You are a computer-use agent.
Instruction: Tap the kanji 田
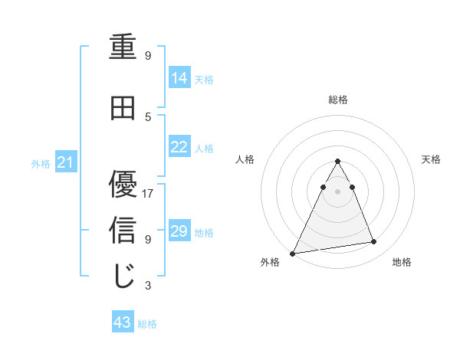[x=123, y=109]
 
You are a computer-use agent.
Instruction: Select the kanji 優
[x=123, y=184]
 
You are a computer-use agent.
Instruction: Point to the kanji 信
[x=123, y=231]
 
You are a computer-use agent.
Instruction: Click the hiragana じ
[x=123, y=276]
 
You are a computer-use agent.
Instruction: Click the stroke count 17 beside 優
[x=148, y=193]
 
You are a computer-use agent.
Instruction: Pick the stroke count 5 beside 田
[x=148, y=116]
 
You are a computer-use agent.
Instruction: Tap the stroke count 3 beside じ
[x=148, y=286]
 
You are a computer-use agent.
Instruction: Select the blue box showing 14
[x=179, y=78]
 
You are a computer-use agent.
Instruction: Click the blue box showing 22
[x=179, y=147]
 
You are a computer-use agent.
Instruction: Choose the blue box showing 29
[x=179, y=231]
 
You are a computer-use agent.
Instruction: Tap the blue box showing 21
[x=65, y=162]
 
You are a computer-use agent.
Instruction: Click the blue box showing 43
[x=123, y=323]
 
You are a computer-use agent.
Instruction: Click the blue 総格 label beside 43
[x=147, y=324]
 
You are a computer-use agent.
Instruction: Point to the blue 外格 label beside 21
[x=41, y=163]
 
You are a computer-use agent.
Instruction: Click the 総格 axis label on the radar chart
[x=337, y=100]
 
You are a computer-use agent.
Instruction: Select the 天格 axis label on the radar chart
[x=431, y=159]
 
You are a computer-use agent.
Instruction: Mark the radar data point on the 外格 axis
[x=293, y=253]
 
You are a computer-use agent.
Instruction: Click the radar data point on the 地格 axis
[x=374, y=242]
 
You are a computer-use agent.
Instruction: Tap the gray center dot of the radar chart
[x=337, y=191]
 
